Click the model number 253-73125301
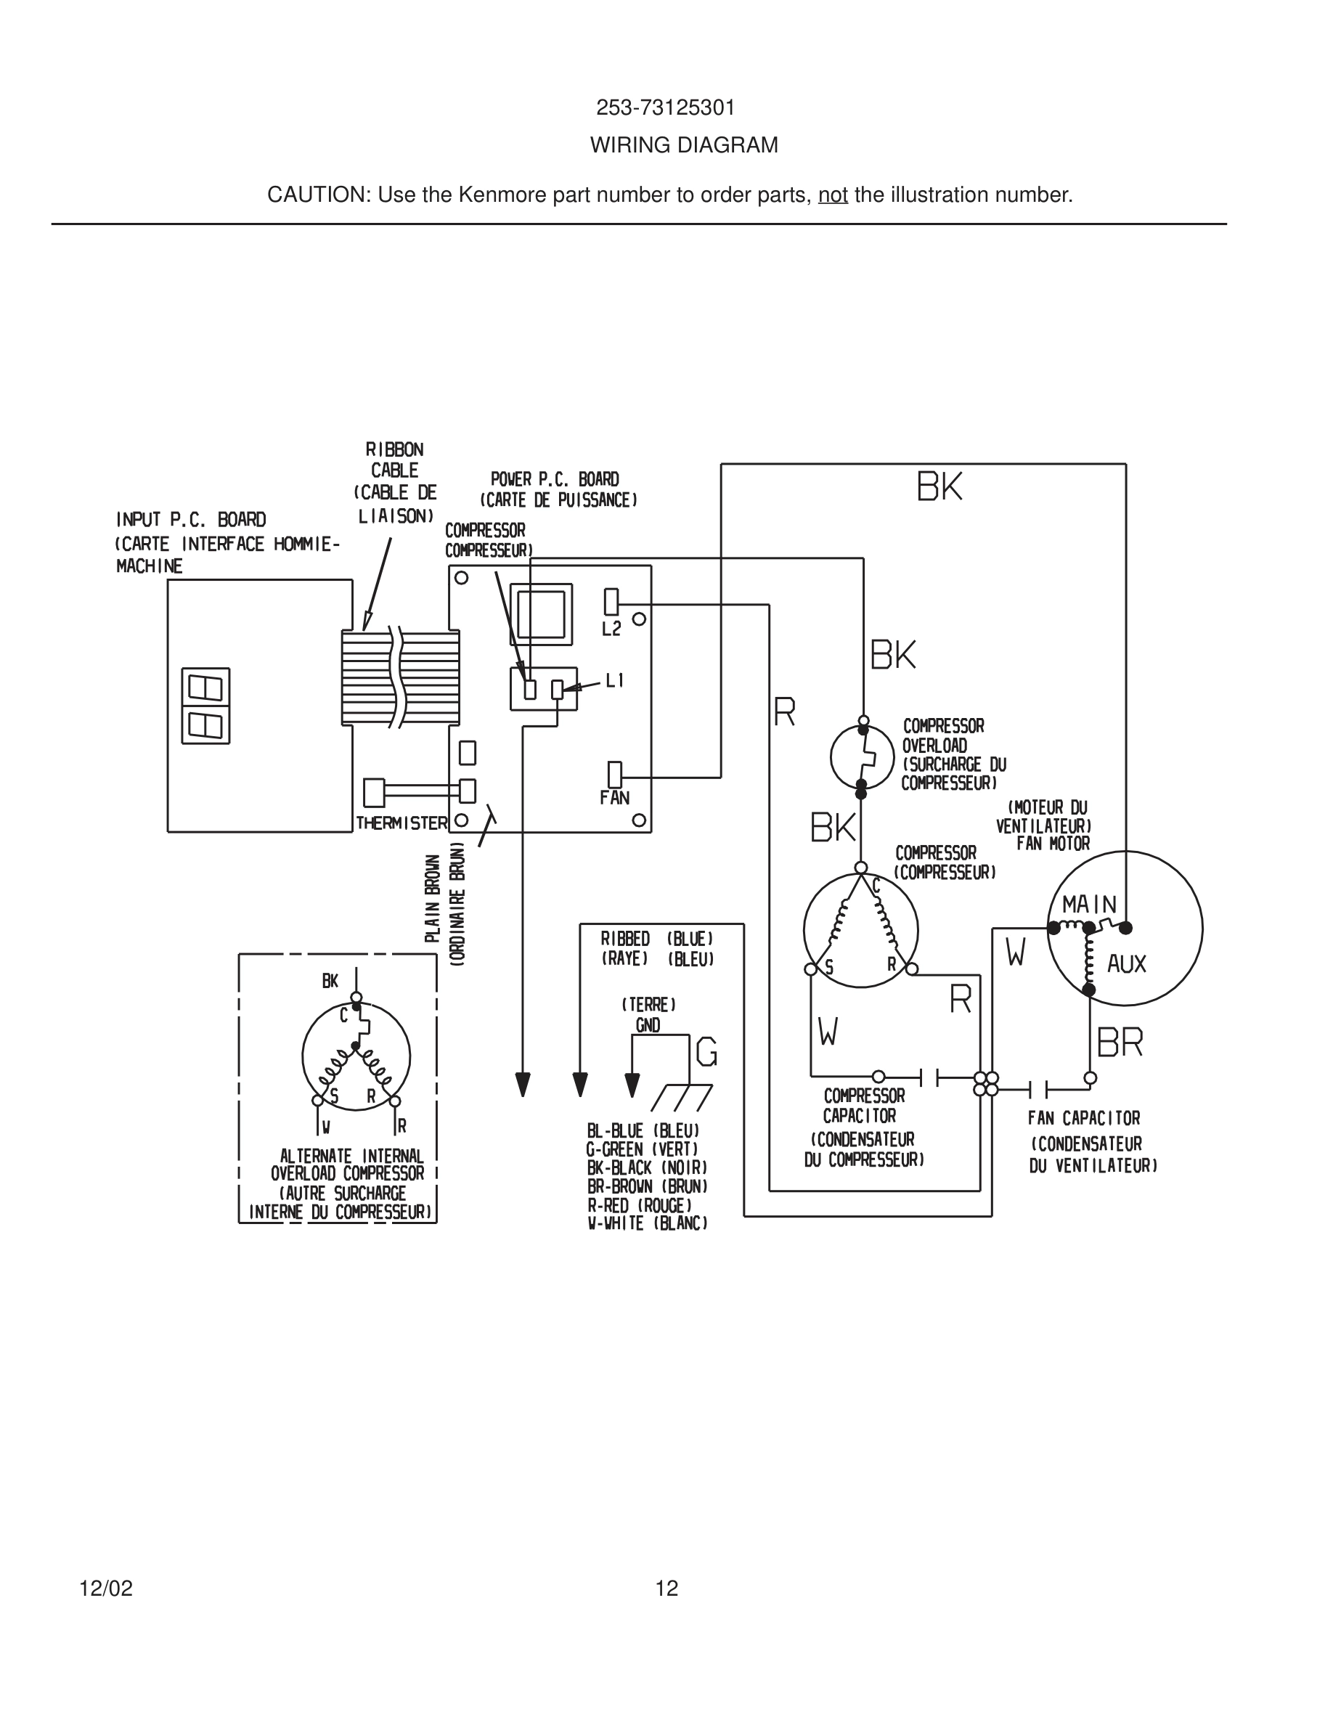click(665, 107)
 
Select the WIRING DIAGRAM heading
click(684, 145)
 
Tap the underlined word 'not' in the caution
click(832, 195)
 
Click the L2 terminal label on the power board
click(611, 629)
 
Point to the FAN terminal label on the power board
click(614, 798)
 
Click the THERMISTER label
click(401, 823)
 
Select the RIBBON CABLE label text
click(395, 460)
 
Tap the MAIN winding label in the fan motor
click(1089, 905)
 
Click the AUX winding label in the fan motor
click(1126, 963)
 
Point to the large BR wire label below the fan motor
click(1120, 1043)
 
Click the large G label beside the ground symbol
click(706, 1052)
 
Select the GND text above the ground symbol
click(648, 1025)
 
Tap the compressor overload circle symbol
click(862, 757)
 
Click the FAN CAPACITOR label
click(1083, 1118)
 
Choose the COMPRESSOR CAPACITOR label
click(863, 1106)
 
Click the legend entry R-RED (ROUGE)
click(639, 1205)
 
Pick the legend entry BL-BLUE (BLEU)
click(643, 1131)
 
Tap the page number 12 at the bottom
click(666, 1589)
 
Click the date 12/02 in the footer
click(106, 1589)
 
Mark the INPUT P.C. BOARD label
click(191, 520)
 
